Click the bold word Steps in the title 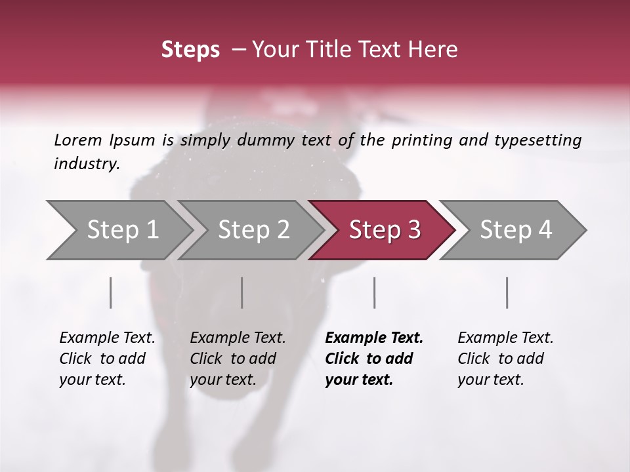point(190,50)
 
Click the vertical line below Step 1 point(111,292)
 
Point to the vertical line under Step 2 point(242,292)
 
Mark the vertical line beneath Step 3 point(375,292)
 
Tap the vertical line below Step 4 point(507,292)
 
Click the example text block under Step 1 point(107,359)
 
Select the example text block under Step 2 point(238,359)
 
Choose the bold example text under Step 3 point(374,359)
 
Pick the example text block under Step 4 point(505,359)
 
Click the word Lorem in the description point(78,140)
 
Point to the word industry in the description point(87,164)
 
